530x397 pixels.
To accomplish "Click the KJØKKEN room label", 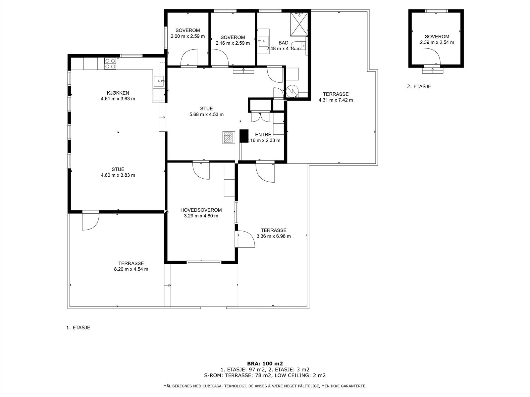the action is pos(118,93).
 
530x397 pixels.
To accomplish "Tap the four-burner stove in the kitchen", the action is pos(110,64).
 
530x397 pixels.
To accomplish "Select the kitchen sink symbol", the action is pos(159,81).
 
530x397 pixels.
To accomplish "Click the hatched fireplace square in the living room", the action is pos(229,138).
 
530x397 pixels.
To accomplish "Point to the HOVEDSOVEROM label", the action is pos(201,210).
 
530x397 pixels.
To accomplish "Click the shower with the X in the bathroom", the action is pos(299,24).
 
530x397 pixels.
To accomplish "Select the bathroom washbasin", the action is pos(263,41).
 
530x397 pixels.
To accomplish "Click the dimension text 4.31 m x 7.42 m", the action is pos(336,100).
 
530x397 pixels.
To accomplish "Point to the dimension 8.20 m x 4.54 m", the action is pos(131,269).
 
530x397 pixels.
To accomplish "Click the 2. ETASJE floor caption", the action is pos(419,86).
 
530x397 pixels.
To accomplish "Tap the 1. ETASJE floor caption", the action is pos(78,328).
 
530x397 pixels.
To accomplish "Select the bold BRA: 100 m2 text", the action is pos(265,364).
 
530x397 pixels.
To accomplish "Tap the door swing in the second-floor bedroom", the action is pos(432,56).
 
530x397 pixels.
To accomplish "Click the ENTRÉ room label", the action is pos(263,135).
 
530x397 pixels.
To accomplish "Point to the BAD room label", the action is pos(284,43).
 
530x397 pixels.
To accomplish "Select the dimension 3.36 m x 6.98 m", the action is pos(274,236).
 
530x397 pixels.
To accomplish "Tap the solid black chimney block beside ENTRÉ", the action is pos(244,136).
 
